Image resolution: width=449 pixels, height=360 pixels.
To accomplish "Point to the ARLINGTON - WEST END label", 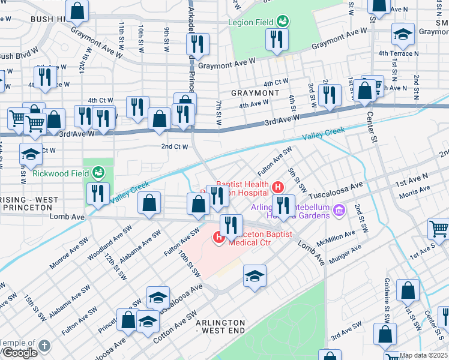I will point(220,326).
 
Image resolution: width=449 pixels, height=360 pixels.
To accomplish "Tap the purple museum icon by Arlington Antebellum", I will point(339,211).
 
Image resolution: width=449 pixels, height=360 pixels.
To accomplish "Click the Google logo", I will point(19,352).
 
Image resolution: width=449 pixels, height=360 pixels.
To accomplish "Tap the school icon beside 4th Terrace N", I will point(403,34).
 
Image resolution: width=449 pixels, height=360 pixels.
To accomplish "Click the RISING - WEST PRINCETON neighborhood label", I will point(29,203).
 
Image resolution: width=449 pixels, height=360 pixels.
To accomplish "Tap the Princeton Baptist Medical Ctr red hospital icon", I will point(219,238).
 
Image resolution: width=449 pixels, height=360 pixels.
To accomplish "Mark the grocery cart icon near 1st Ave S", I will point(439,229).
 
